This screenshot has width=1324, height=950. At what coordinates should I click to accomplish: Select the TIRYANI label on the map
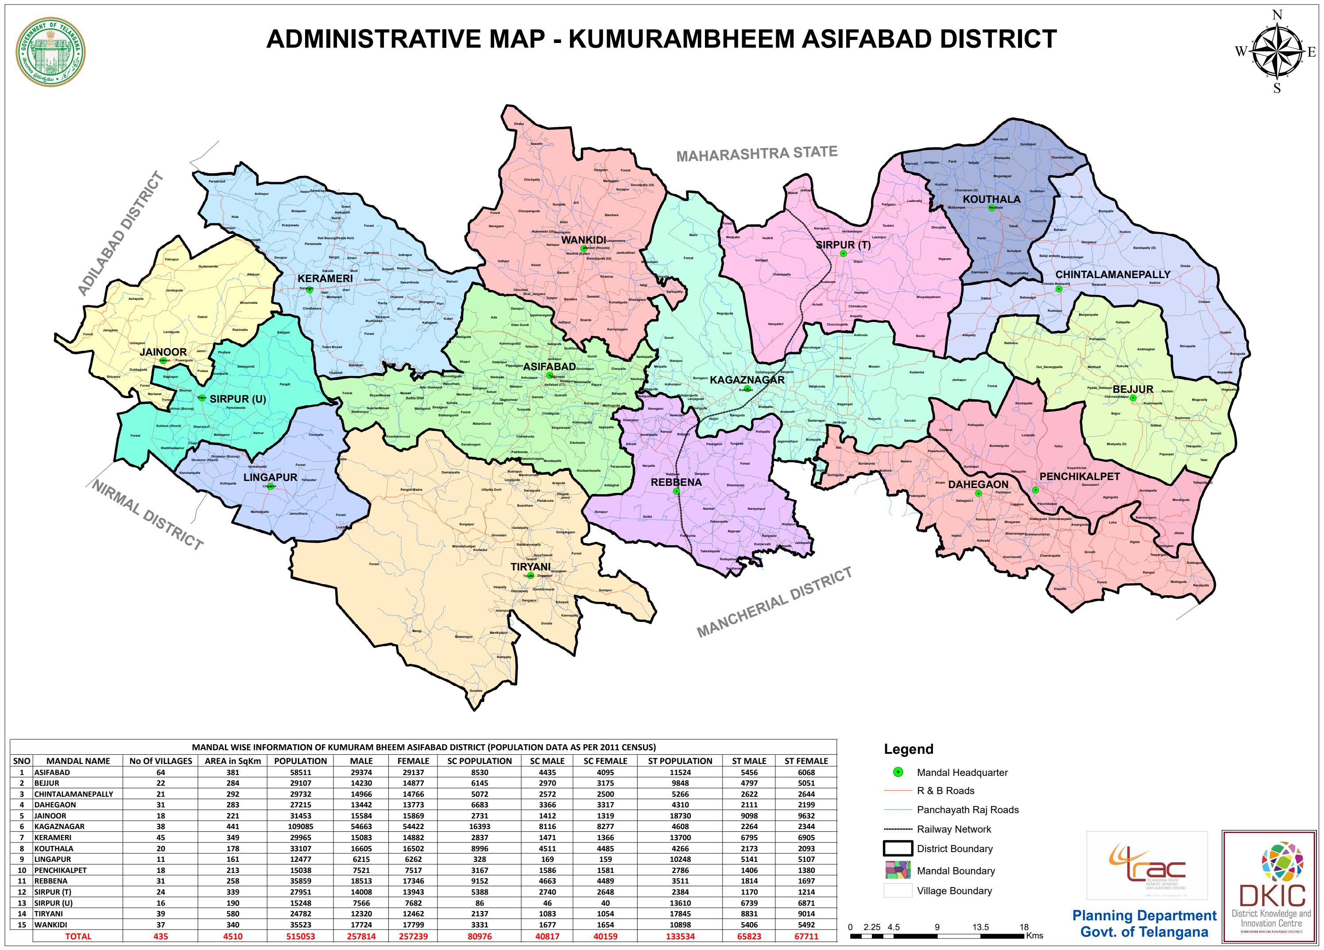[x=530, y=566]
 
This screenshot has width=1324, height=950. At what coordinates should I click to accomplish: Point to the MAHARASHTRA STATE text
[x=757, y=154]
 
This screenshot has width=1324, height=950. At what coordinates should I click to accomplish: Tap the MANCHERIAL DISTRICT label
[x=774, y=603]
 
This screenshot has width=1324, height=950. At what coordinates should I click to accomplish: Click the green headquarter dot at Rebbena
[x=677, y=492]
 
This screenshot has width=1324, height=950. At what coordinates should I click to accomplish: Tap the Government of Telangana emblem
[x=50, y=51]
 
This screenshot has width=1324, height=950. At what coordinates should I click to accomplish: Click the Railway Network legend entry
[x=953, y=829]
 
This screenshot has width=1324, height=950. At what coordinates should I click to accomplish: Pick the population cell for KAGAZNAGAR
[x=300, y=826]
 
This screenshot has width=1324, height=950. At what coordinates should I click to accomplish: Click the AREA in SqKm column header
[x=232, y=761]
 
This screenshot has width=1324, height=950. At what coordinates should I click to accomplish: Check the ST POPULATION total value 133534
[x=680, y=936]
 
